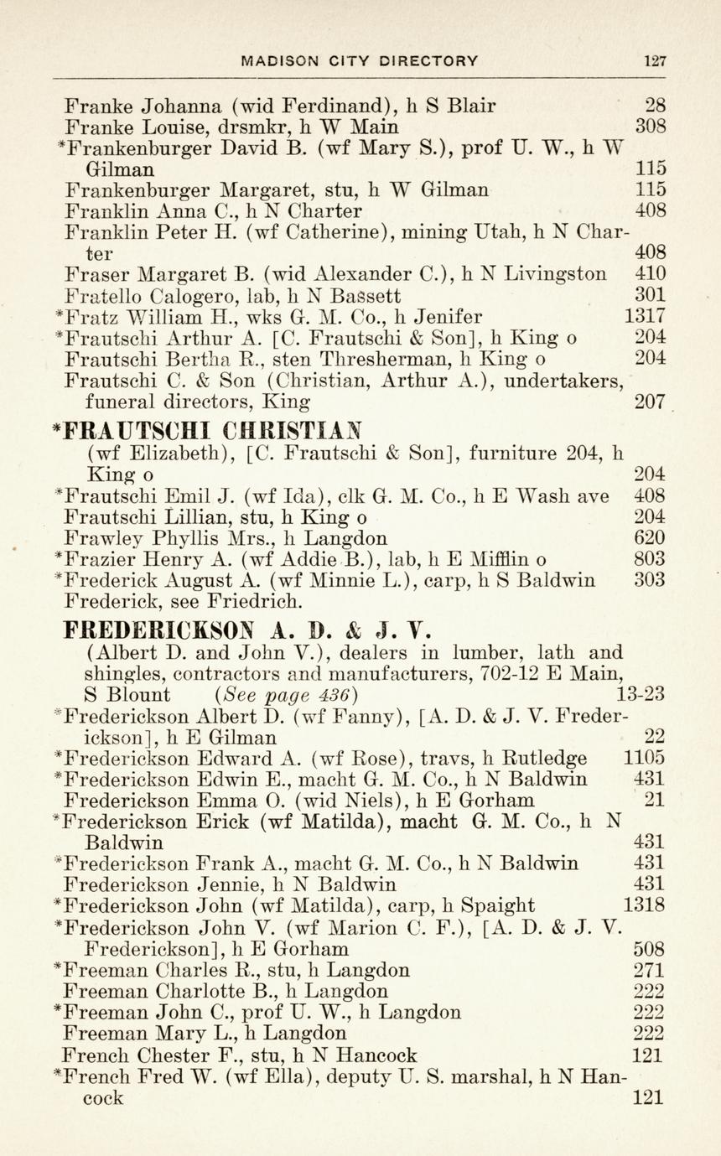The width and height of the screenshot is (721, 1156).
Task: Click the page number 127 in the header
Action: pos(655,60)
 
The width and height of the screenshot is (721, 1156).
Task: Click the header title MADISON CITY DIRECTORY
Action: pos(360,60)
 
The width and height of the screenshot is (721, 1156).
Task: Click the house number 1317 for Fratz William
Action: pos(646,317)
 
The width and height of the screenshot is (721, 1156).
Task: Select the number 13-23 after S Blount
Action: pos(641,695)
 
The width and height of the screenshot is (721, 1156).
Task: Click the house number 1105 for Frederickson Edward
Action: pos(646,759)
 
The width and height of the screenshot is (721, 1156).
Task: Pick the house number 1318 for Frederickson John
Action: pos(646,905)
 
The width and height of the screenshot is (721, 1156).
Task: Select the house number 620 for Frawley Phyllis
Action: pos(651,538)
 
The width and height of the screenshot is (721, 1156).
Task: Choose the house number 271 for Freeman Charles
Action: pos(651,971)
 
